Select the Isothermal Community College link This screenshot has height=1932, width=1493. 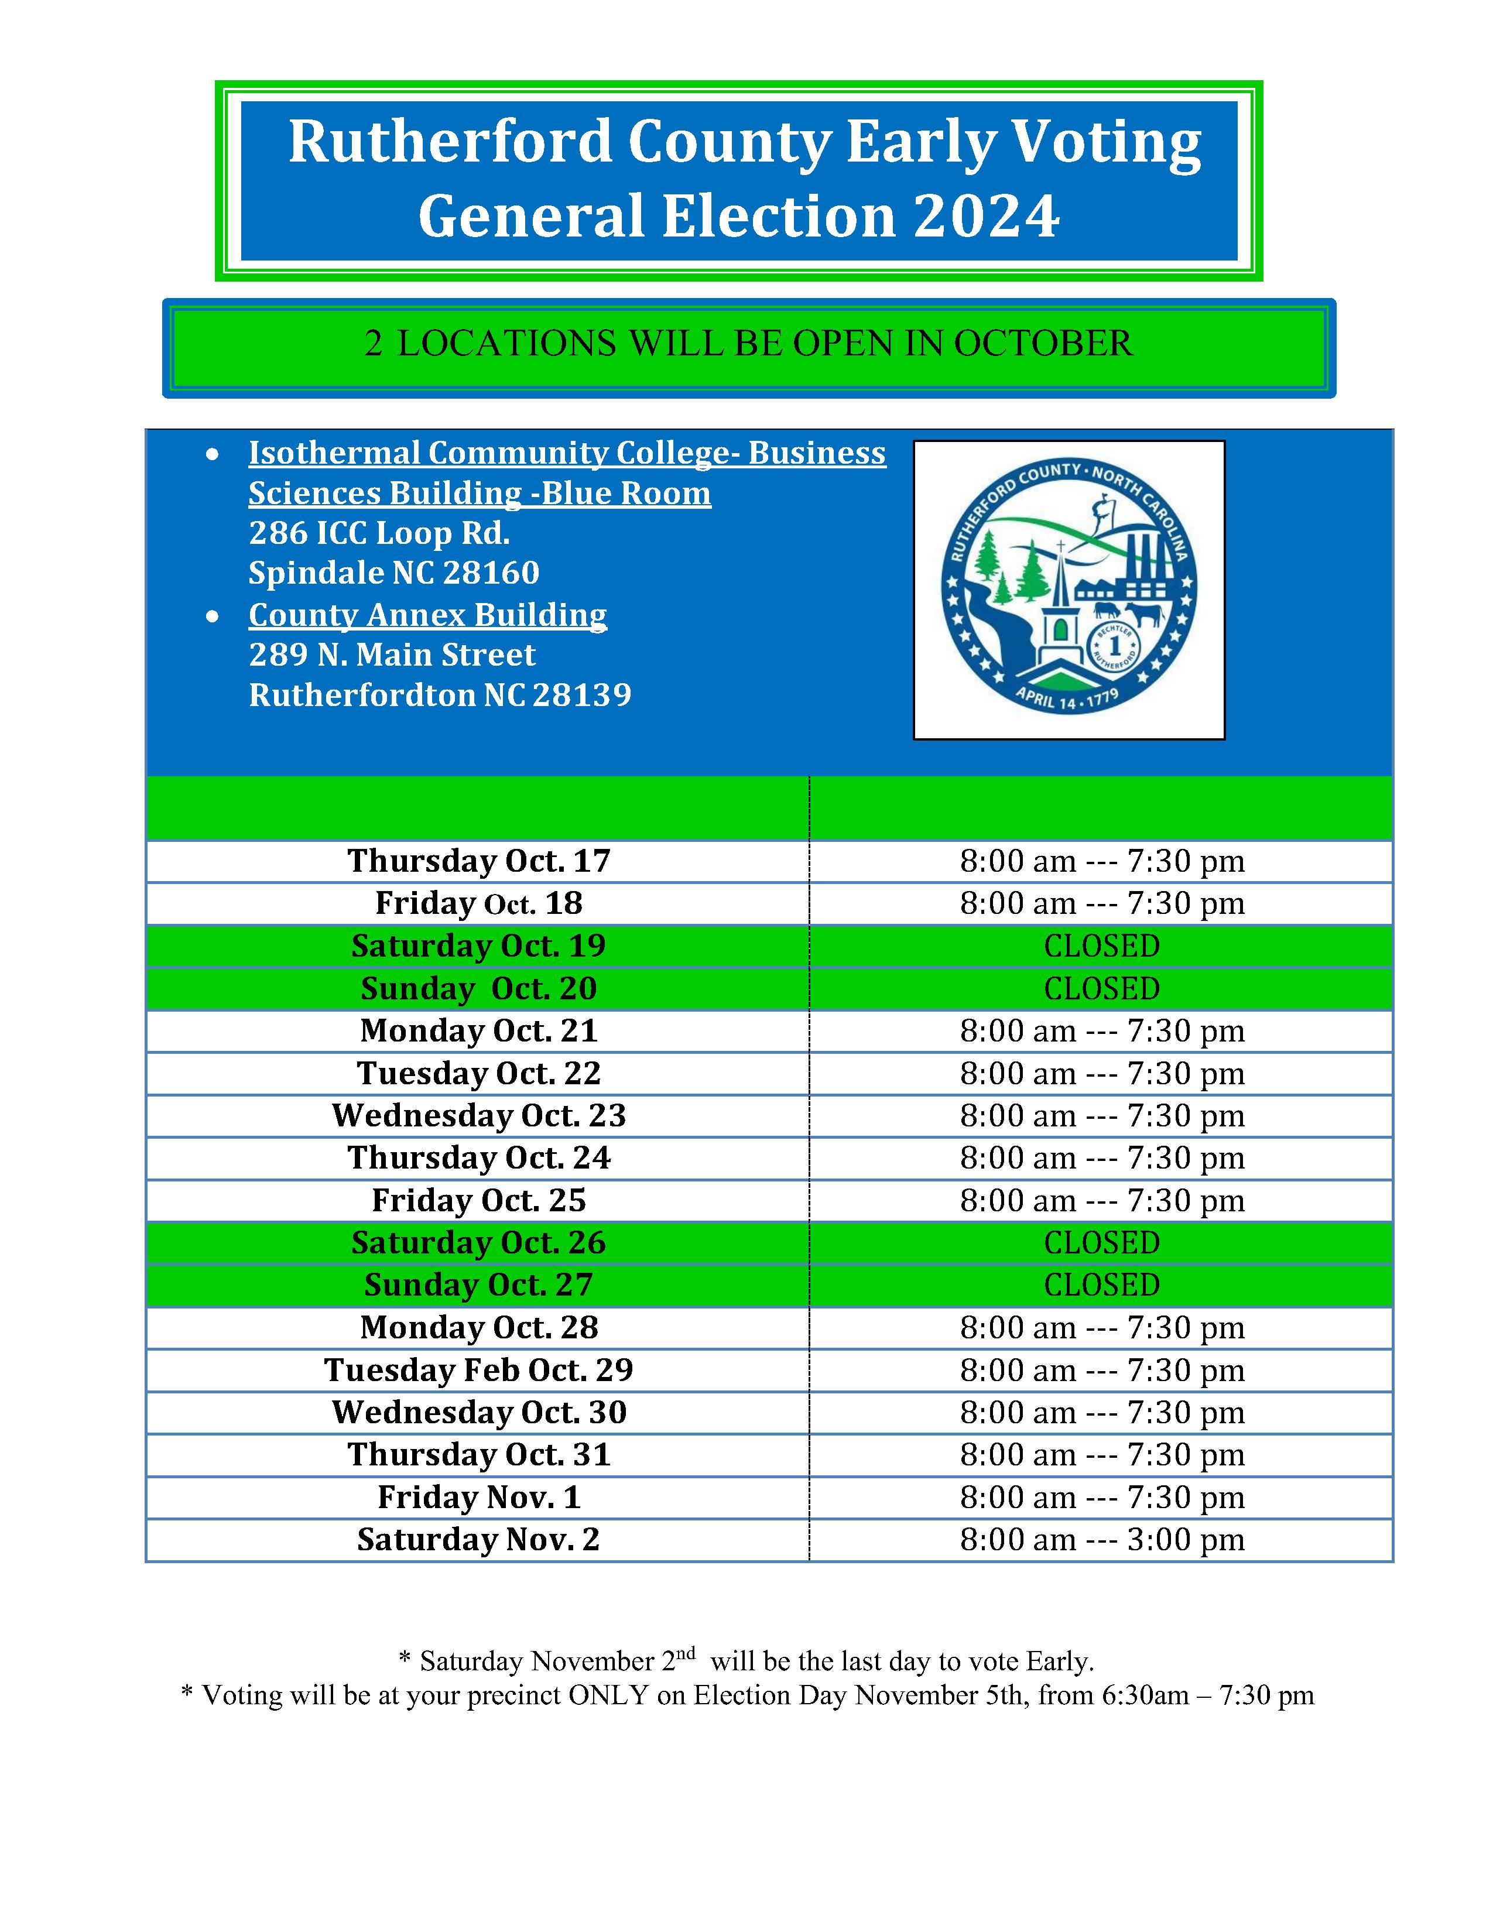click(566, 472)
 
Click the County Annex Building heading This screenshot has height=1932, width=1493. click(427, 615)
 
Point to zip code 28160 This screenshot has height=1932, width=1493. click(491, 573)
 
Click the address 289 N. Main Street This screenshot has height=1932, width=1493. click(392, 655)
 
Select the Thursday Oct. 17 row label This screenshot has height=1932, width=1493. click(478, 861)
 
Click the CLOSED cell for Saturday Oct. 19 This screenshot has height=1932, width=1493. click(1101, 946)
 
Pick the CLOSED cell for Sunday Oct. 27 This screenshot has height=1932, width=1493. click(1101, 1284)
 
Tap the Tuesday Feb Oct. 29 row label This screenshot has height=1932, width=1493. click(478, 1369)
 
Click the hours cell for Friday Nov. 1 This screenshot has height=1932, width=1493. click(1101, 1497)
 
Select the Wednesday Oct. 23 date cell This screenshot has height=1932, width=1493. click(478, 1115)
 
